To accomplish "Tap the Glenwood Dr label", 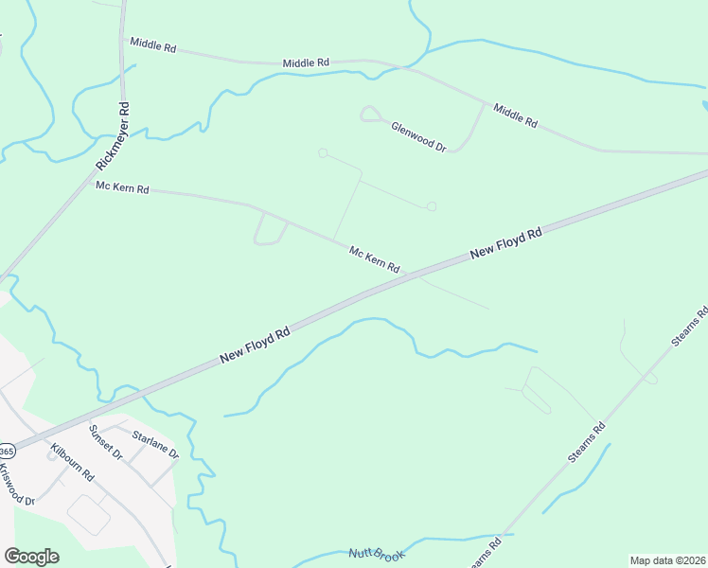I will [418, 135].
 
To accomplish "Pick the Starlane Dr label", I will [155, 445].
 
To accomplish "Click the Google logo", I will [31, 557].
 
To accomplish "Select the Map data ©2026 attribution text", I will [668, 560].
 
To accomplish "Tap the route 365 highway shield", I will [6, 451].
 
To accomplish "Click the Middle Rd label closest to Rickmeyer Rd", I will [153, 44].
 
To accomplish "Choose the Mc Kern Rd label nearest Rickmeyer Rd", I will [122, 188].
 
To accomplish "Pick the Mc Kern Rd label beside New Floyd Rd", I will [374, 259].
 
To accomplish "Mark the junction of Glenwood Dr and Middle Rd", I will [486, 103].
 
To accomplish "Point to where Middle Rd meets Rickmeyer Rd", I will [123, 40].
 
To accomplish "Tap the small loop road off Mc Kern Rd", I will [270, 229].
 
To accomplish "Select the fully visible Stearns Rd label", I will [586, 442].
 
